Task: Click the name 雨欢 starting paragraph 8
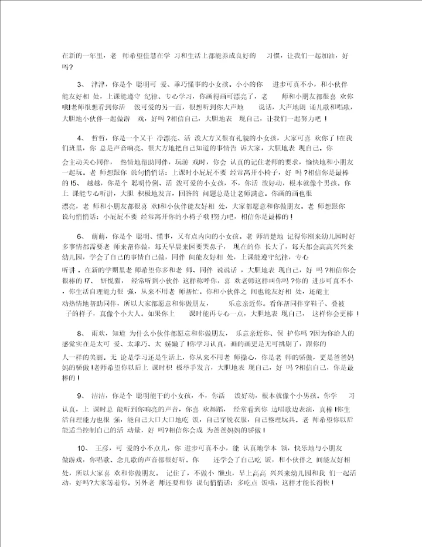pos(99,333)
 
